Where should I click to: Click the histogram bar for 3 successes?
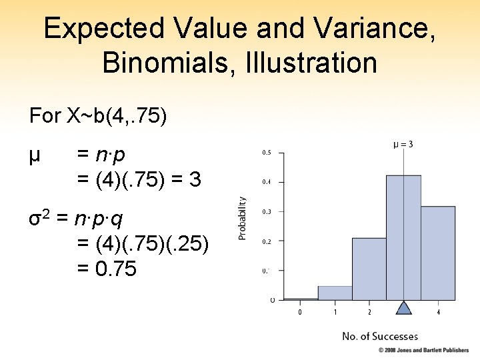[x=404, y=237]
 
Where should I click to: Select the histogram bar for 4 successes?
[x=438, y=253]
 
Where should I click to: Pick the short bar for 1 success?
[x=335, y=293]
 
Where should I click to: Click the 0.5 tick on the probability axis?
[x=265, y=153]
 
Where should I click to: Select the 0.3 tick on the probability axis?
[x=265, y=212]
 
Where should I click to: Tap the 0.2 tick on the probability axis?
[x=265, y=241]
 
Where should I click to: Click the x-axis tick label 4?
[x=438, y=312]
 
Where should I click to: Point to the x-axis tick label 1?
[x=335, y=312]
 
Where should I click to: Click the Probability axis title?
[x=243, y=217]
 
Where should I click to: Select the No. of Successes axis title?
[x=380, y=336]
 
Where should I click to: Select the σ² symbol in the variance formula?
[x=39, y=219]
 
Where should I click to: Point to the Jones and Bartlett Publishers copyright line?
[x=425, y=350]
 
